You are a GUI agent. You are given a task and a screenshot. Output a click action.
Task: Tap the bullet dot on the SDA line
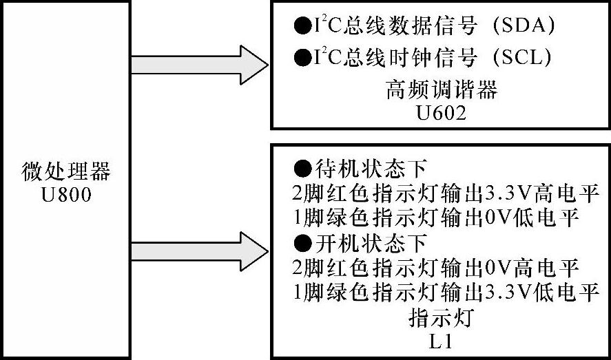coord(302,28)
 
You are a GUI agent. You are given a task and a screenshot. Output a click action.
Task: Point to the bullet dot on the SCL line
coord(302,59)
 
